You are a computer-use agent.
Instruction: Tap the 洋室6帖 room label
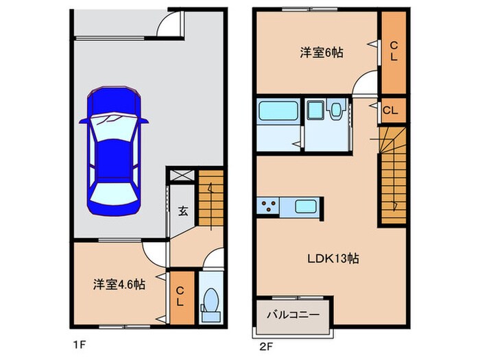pos(321,52)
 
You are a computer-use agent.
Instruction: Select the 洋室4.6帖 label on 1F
pos(119,283)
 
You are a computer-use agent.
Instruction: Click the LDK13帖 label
pos(333,259)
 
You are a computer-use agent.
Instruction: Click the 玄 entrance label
pos(184,211)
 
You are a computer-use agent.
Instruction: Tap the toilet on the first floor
pos(210,302)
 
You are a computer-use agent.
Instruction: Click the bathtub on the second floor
pos(278,110)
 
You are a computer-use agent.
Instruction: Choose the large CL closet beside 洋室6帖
pos(394,52)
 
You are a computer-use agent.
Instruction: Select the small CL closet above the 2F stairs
pos(388,110)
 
